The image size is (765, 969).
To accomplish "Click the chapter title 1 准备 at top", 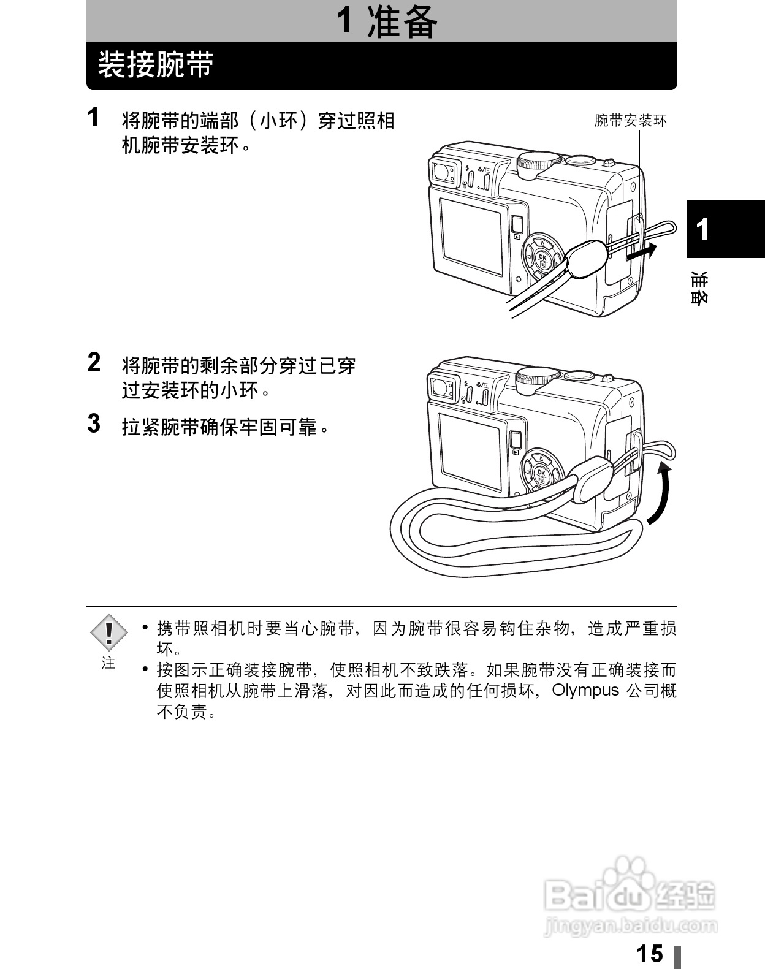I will pos(387,21).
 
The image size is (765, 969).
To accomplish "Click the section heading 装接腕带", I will pos(156,65).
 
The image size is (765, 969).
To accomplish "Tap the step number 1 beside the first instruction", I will pos(93,118).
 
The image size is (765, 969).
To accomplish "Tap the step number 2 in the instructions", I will pos(94,362).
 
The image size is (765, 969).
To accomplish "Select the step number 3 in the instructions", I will pos(94,424).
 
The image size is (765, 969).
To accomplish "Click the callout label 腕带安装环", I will pos(630,121).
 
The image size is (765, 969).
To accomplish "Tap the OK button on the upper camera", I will pos(542,258).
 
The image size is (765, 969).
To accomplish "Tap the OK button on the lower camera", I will pos(541,473).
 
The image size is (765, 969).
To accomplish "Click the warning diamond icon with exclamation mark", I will pos(108,632).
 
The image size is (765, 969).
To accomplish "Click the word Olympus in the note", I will pos(585,690).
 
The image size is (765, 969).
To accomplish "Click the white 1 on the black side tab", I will pos(703,230).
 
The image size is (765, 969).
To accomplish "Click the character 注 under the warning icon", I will pos(108,663).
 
